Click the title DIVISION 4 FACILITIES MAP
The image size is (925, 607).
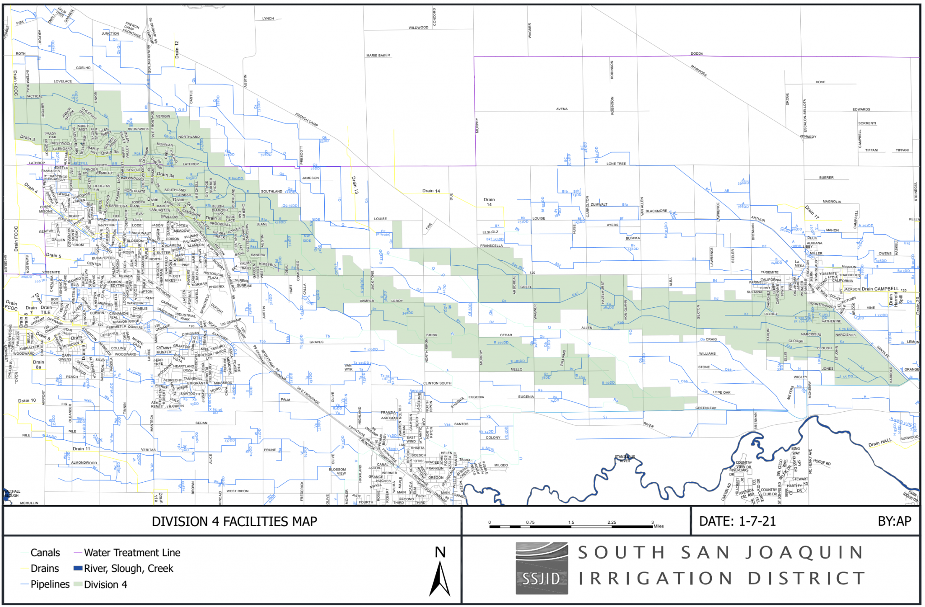[x=234, y=522]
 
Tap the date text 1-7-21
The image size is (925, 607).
[x=757, y=522]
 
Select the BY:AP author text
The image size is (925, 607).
[x=894, y=522]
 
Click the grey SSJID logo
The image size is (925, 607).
[x=542, y=568]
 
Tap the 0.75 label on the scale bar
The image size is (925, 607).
[x=530, y=522]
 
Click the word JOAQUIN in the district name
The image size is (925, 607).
[x=804, y=553]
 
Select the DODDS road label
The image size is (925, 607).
[x=696, y=54]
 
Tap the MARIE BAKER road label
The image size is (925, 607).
[x=378, y=56]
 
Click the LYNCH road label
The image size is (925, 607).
[x=268, y=19]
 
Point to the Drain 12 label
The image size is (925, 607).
[x=177, y=49]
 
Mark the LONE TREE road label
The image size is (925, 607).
[x=616, y=164]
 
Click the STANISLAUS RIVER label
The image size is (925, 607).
[x=625, y=459]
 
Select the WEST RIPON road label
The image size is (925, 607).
[x=238, y=491]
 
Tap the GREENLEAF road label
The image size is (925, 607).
[x=705, y=408]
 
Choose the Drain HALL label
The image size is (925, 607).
[x=880, y=442]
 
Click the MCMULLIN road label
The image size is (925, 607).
[x=29, y=503]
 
